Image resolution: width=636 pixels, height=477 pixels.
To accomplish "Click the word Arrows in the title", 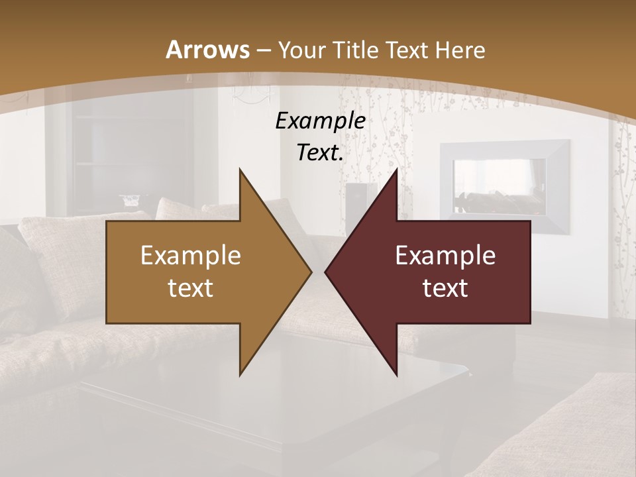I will pos(207,50).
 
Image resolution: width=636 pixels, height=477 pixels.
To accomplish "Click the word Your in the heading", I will pos(301,50).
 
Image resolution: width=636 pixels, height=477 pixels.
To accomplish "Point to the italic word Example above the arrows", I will pos(320,121).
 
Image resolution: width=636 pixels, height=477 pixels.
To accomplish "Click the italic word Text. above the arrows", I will pos(320,153).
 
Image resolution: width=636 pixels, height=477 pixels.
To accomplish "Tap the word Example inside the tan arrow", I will pos(191,256).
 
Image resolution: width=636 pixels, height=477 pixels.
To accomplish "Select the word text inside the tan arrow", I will pos(191,288).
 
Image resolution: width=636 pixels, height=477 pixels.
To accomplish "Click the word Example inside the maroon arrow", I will pos(445,256).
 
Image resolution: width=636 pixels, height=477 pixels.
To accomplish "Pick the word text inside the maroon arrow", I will pos(445,288).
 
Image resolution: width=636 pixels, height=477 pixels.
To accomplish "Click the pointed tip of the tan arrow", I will pos(311,272).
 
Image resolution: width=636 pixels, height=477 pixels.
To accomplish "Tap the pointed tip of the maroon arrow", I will pos(325,272).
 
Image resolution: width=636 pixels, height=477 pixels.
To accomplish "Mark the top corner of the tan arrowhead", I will pos(240,169).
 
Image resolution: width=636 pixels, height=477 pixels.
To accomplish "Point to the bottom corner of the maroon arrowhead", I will pos(396,375).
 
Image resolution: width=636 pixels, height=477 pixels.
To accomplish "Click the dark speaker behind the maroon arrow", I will pos(362,199).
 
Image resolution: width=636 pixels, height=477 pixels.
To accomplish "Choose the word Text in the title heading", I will pos(405,50).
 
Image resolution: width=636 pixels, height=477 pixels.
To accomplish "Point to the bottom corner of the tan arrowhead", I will pos(240,375).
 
